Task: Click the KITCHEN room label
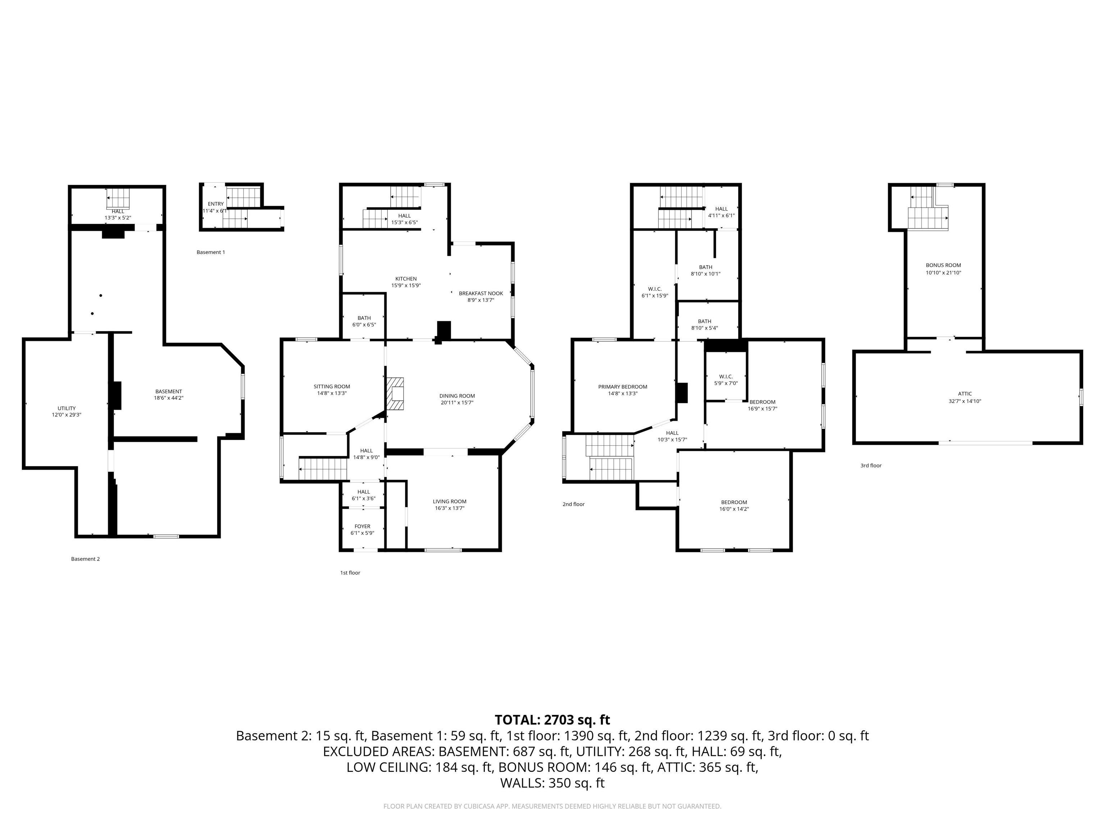click(x=406, y=279)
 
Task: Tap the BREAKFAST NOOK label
click(x=481, y=293)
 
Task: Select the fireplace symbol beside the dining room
click(x=396, y=394)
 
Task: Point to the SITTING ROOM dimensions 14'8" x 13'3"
click(x=332, y=393)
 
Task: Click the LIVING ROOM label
click(x=449, y=501)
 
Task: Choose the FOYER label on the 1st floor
click(x=362, y=526)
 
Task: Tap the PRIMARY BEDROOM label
click(x=622, y=387)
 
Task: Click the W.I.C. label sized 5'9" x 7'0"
click(x=726, y=376)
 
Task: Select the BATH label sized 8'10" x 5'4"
click(x=704, y=321)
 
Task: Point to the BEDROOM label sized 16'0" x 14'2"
click(x=734, y=502)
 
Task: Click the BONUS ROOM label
click(x=943, y=265)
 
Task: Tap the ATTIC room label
click(x=965, y=394)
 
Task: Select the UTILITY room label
click(x=67, y=408)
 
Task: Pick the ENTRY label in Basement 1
click(x=216, y=204)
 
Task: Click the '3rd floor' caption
click(x=871, y=465)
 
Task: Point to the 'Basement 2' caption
click(x=85, y=559)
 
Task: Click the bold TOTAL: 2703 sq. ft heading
click(x=552, y=720)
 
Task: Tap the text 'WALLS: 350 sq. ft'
click(x=552, y=783)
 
